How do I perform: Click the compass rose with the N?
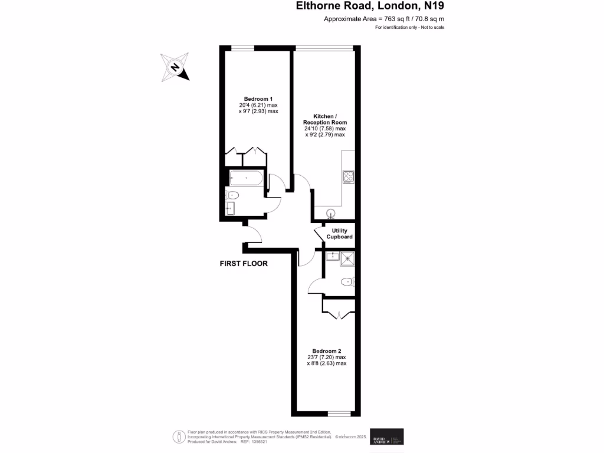click(175, 67)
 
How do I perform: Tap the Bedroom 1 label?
click(258, 99)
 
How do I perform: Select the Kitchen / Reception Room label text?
click(325, 119)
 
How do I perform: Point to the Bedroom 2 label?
click(326, 351)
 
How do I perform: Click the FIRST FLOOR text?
click(244, 264)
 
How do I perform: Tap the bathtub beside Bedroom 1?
click(245, 178)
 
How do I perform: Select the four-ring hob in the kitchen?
click(348, 176)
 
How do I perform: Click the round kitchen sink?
click(331, 213)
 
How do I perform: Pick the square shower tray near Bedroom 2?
click(348, 256)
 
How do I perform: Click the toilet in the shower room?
click(347, 282)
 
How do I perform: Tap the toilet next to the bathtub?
click(232, 195)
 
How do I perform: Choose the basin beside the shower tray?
click(331, 256)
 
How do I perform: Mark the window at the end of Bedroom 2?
click(338, 413)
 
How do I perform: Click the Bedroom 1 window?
click(242, 48)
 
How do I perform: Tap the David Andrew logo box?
click(386, 436)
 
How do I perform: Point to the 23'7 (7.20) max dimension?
click(326, 357)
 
